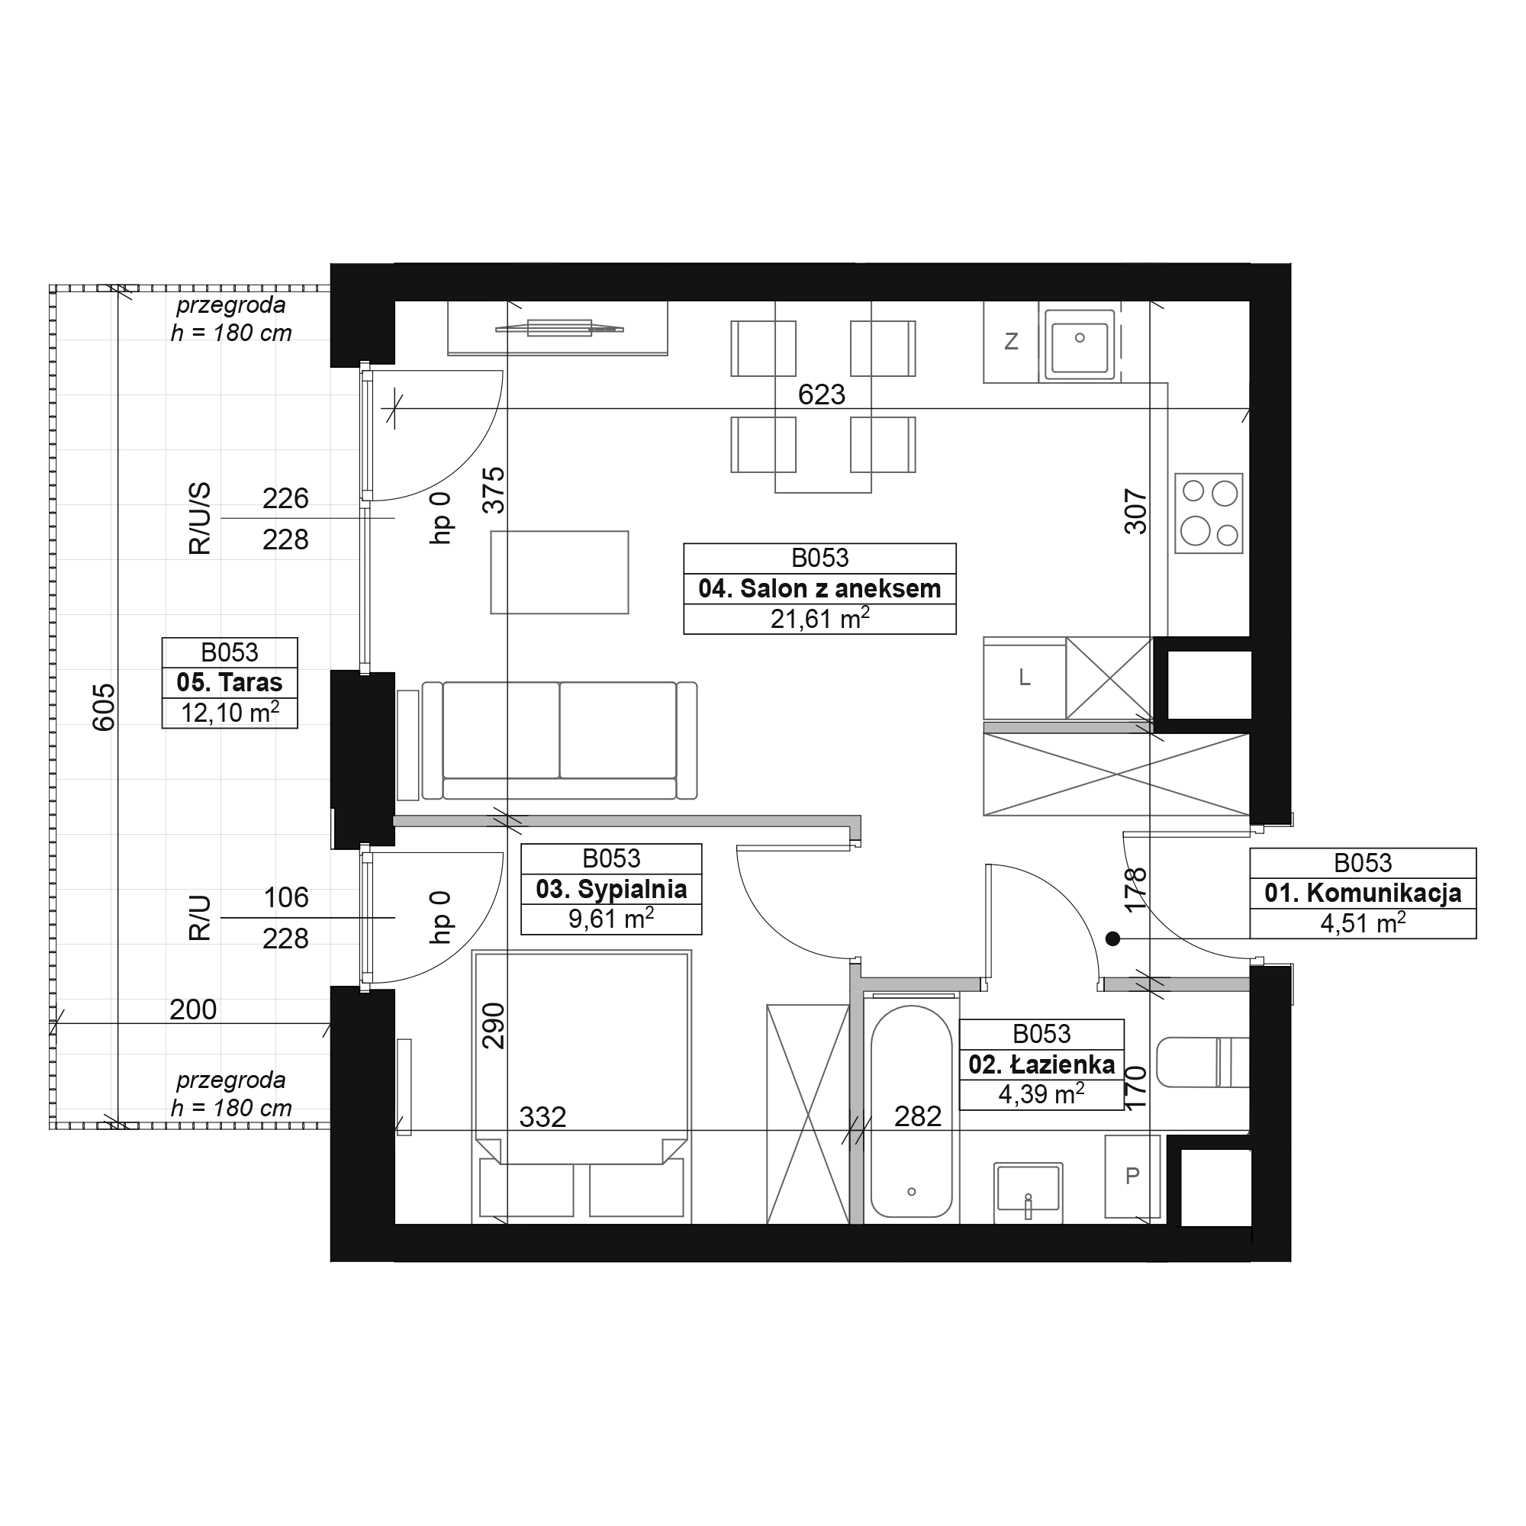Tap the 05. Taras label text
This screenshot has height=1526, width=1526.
click(230, 682)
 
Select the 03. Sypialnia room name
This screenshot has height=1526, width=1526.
click(611, 890)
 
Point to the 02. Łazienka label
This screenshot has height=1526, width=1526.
click(1041, 1064)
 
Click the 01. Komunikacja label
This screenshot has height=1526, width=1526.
click(1363, 893)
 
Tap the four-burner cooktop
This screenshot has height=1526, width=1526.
click(1209, 513)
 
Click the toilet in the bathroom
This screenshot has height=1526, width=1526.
click(1203, 1062)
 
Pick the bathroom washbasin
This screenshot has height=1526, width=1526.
click(1028, 1188)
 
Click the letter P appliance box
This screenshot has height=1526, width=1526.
click(1132, 1176)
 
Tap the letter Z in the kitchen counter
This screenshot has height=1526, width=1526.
click(1011, 342)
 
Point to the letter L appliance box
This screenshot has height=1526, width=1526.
click(1025, 678)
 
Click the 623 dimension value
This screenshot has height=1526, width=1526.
click(822, 394)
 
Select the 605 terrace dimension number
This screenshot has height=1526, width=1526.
click(105, 707)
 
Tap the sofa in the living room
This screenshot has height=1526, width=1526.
click(559, 741)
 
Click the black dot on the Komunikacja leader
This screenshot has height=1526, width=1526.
click(1112, 938)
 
